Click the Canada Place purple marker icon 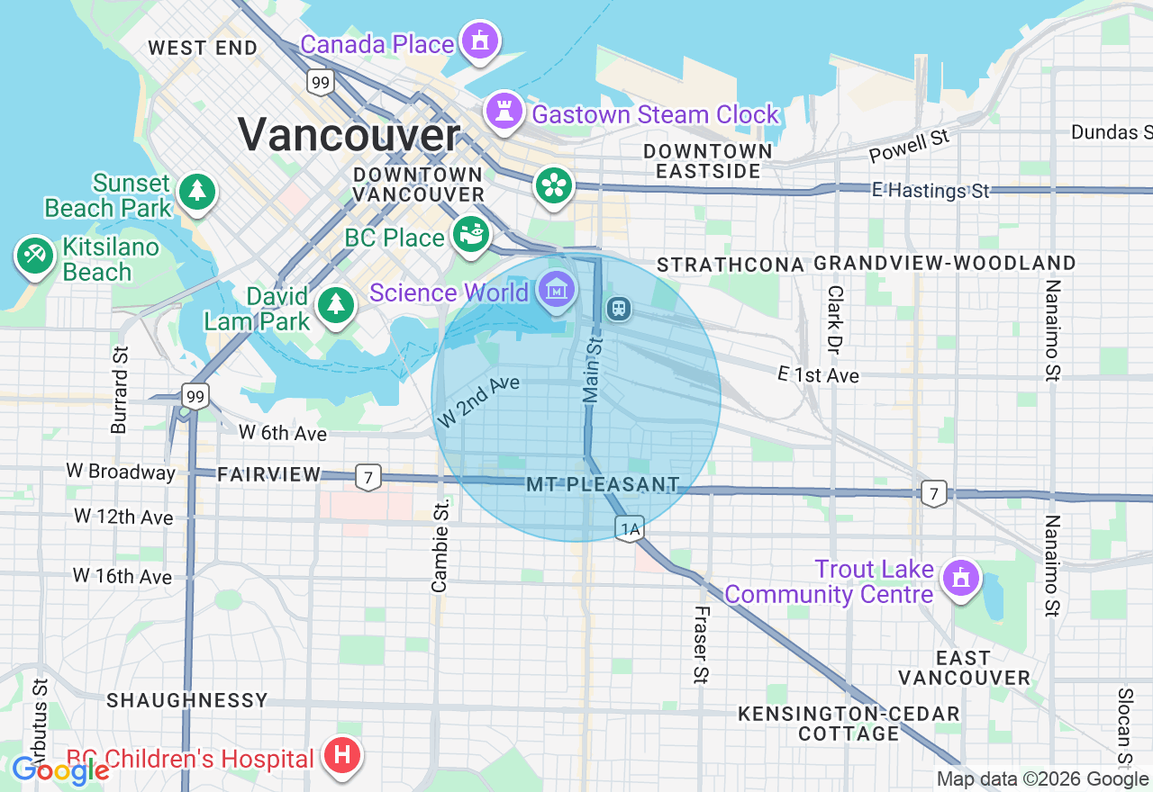point(480,40)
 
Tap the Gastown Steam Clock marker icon point(504,111)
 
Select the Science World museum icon point(558,289)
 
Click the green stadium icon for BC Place point(470,234)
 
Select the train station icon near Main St point(618,309)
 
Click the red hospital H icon point(342,753)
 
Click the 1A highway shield point(629,529)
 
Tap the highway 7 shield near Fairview point(367,476)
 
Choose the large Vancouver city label point(350,136)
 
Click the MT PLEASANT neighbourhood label point(603,485)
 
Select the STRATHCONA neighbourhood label point(730,265)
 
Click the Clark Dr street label point(835,319)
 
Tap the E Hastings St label point(931,190)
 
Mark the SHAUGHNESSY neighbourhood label point(187,700)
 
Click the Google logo point(60,770)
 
